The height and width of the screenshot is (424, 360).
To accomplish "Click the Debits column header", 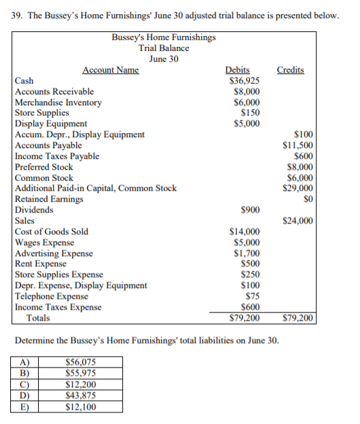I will click(x=237, y=70).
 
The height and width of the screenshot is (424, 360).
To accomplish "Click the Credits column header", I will click(x=291, y=70).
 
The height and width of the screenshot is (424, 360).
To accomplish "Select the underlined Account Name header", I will click(x=111, y=70).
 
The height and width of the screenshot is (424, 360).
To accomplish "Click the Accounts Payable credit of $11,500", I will click(x=298, y=145).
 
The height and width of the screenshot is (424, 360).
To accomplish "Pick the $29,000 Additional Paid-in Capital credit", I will click(x=298, y=188).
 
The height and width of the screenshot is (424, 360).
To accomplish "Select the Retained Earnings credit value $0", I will click(x=306, y=199).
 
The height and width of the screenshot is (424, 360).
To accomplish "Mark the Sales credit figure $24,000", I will click(x=298, y=221).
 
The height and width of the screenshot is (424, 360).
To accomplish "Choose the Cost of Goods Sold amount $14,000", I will click(x=245, y=232).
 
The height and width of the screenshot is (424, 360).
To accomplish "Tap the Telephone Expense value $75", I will click(x=253, y=296).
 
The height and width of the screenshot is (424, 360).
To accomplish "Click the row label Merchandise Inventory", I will click(x=58, y=102).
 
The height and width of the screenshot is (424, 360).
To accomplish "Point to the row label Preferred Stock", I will click(x=44, y=166).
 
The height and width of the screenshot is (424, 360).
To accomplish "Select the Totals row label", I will click(x=39, y=317).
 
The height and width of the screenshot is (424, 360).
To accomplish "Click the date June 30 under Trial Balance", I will click(x=164, y=58).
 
